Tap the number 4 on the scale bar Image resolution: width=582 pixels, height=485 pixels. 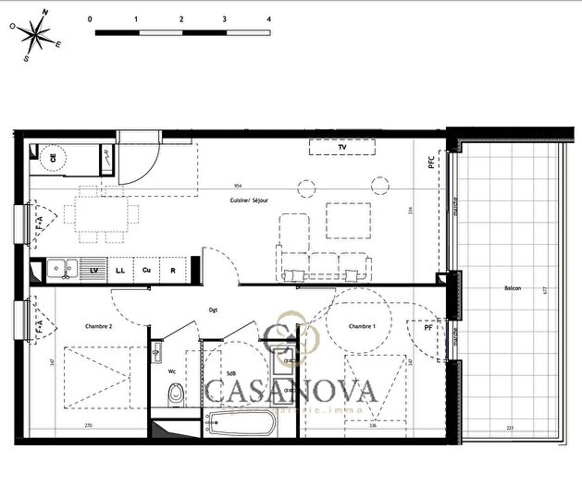pos(268,18)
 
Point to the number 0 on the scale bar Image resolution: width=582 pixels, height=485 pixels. pos(90,18)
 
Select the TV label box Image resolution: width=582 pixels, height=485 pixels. pos(341,147)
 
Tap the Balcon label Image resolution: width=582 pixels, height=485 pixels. pos(512,288)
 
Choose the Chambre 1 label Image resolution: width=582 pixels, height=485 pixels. pos(361,326)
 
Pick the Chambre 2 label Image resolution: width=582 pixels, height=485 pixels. pos(98,326)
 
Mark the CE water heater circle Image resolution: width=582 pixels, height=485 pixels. pos(53,158)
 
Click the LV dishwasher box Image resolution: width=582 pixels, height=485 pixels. pos(93,270)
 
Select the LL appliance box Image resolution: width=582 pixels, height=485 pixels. pos(120,270)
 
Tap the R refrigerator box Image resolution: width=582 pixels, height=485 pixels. pos(173,270)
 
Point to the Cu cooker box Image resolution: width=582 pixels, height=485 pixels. pos(146,270)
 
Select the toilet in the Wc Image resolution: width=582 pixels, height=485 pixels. pos(172,395)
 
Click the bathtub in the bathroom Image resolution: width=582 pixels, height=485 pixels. pos(239,424)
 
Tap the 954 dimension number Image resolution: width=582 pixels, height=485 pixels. pos(238,185)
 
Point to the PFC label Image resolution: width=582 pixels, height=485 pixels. pos(430,161)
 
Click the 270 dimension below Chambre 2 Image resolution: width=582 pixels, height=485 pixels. pos(88,426)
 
